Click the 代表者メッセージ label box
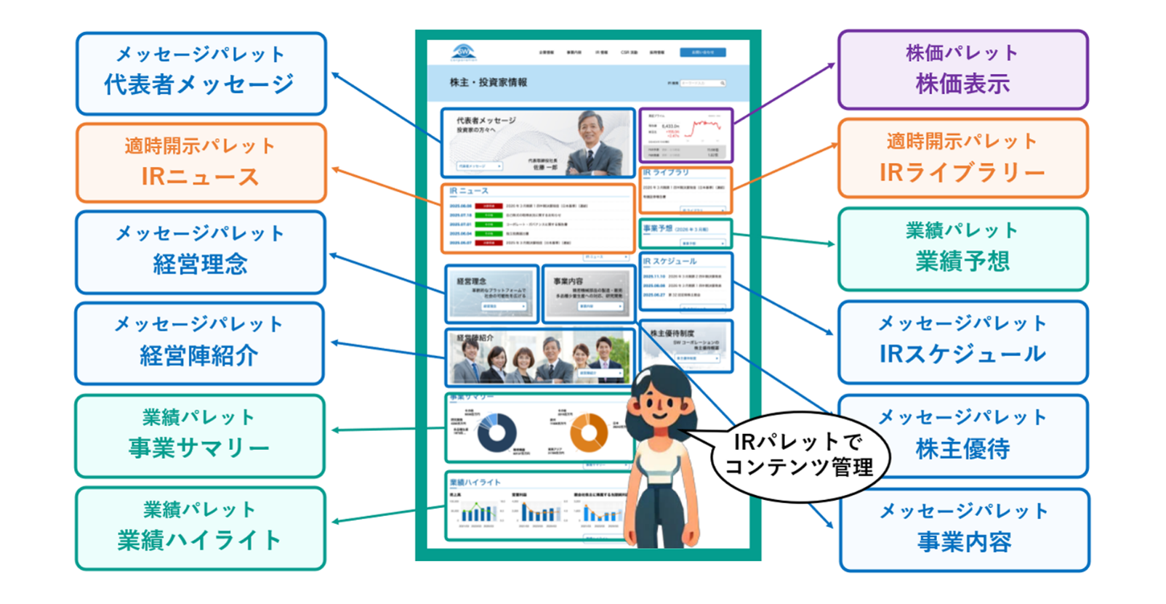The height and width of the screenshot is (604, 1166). click(x=201, y=73)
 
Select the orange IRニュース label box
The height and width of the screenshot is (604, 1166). click(x=201, y=163)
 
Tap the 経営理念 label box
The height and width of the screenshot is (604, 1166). click(x=201, y=252)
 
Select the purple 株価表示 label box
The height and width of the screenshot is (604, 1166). click(x=962, y=70)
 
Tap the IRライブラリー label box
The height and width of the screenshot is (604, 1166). click(x=962, y=158)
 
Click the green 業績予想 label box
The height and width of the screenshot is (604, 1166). click(x=962, y=249)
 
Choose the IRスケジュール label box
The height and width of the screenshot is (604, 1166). click(x=962, y=342)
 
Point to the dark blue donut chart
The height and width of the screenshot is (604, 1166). click(x=496, y=433)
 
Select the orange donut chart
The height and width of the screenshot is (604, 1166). click(x=588, y=433)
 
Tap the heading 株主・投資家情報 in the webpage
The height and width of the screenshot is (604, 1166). click(x=488, y=83)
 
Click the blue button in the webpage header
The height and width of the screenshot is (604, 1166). click(x=702, y=52)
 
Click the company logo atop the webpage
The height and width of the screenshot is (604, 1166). click(x=463, y=52)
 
